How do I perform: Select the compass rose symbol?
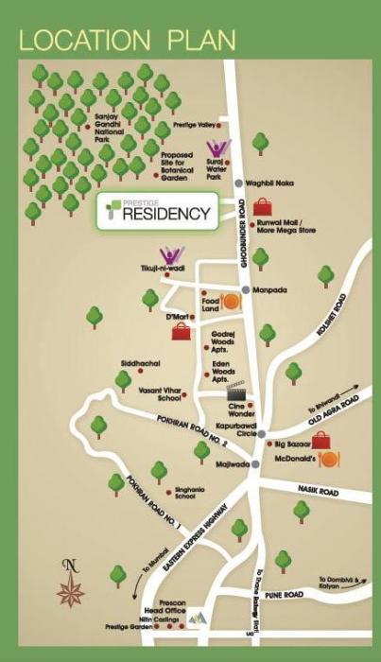pyautogui.click(x=70, y=584)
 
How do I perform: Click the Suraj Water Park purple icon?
pyautogui.click(x=218, y=150)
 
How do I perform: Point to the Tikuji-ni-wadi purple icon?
pyautogui.click(x=171, y=255)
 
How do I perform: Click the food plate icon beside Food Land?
pyautogui.click(x=230, y=302)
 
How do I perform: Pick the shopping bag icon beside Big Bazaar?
pyautogui.click(x=321, y=440)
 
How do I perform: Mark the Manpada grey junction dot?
pyautogui.click(x=245, y=289)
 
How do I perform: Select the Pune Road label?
pyautogui.click(x=284, y=595)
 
